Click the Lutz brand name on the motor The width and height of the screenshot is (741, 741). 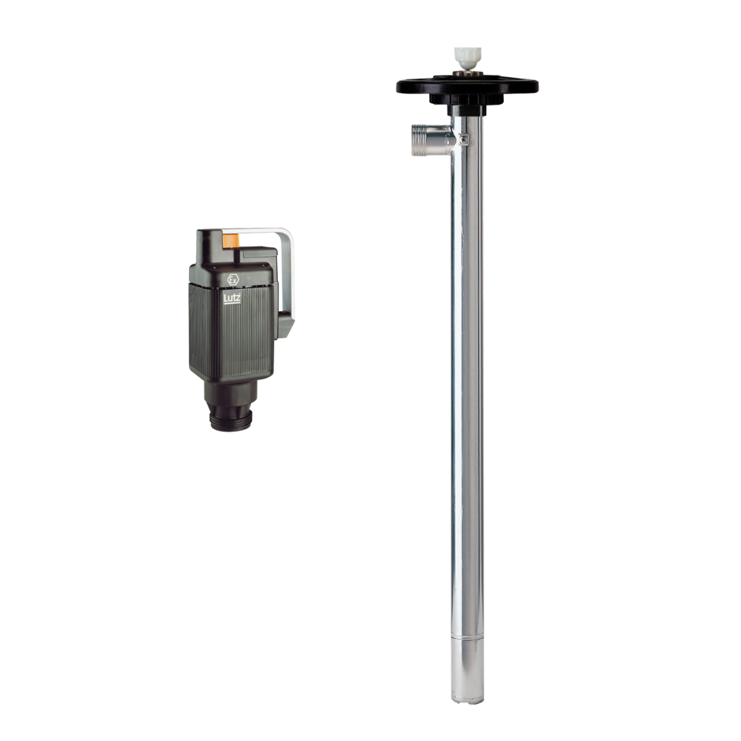(232, 298)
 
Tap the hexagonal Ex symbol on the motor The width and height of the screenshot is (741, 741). (233, 279)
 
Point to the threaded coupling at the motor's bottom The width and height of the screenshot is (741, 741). (231, 420)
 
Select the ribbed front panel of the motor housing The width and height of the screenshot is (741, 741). (231, 330)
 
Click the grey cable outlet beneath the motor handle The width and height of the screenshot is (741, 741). (285, 327)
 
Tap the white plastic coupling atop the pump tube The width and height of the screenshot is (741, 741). (468, 59)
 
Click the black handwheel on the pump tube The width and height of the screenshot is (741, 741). (468, 86)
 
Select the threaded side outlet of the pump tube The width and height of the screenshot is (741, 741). (431, 140)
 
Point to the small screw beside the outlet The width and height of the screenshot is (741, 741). (465, 139)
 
